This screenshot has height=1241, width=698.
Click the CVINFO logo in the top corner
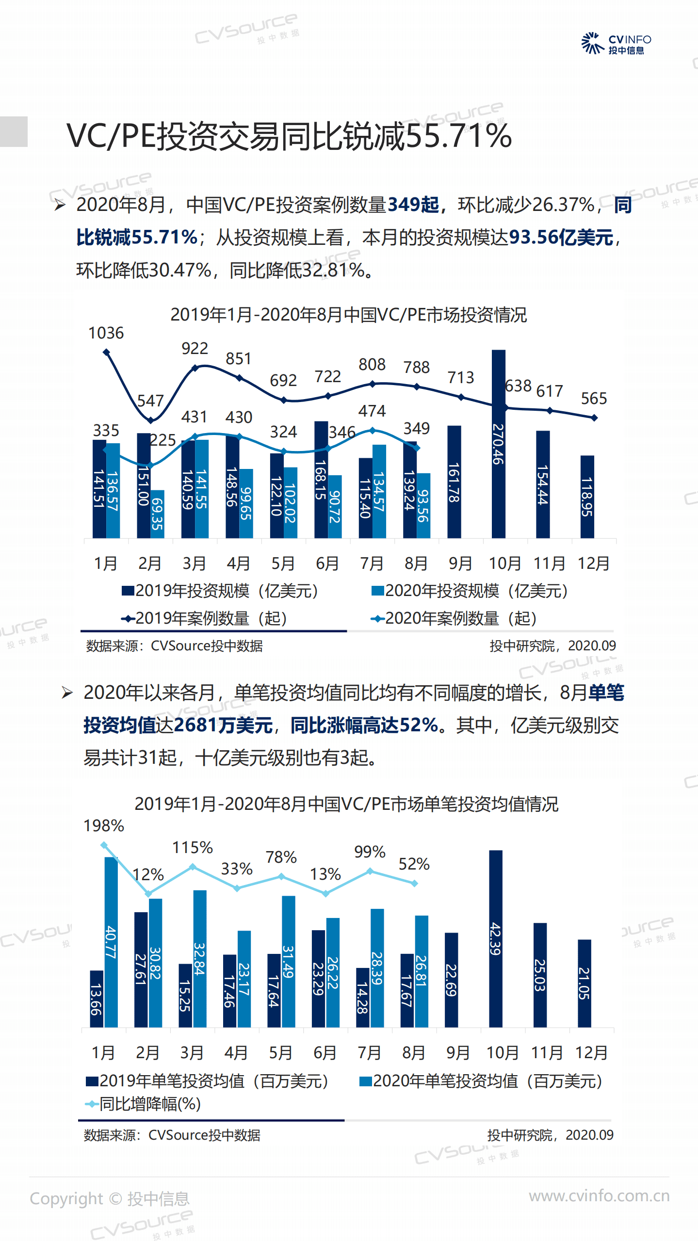pos(616,44)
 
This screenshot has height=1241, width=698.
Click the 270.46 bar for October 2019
pos(498,444)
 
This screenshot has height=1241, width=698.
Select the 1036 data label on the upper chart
pos(106,333)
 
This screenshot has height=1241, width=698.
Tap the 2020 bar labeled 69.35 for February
pos(157,514)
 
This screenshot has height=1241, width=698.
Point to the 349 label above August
pos(416,429)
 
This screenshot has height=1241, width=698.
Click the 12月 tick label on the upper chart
pos(593,564)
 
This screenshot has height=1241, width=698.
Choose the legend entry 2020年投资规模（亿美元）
pos(470,591)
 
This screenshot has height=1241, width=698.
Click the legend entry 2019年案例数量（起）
pos(204,618)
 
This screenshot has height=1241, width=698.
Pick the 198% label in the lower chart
pos(104,825)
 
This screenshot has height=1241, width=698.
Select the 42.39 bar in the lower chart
pos(495,938)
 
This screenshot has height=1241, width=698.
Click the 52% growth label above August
pos(414,864)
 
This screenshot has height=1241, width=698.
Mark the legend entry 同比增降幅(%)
pos(144,1104)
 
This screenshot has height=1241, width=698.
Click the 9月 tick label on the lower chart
pos(457,1053)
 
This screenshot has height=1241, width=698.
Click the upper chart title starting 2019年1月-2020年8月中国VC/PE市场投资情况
pos(348,315)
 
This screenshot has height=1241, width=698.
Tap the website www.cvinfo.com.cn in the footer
pos(599,1196)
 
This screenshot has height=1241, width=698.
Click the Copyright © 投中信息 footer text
pos(110,1199)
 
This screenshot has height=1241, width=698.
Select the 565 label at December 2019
pos(593,399)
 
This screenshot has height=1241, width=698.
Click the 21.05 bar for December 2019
pos(584,983)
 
